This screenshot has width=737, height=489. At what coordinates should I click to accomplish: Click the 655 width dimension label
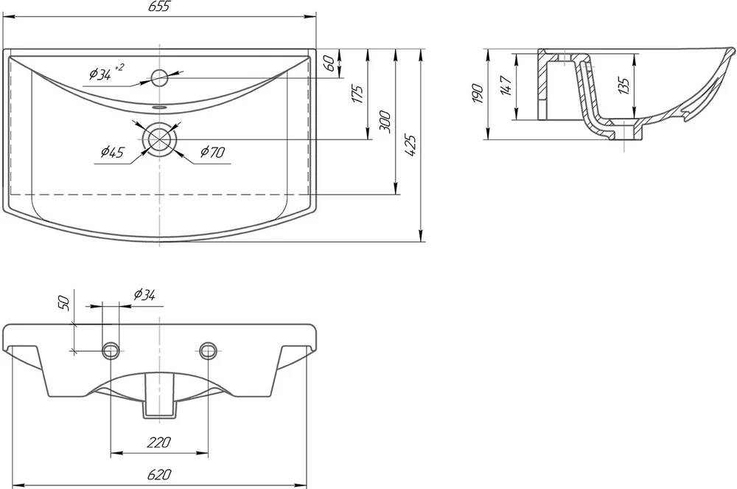click(159, 7)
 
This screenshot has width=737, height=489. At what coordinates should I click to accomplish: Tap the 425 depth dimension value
click(411, 146)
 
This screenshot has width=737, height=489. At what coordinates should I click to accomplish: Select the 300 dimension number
click(385, 122)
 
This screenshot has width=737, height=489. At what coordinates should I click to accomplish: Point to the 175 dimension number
click(357, 94)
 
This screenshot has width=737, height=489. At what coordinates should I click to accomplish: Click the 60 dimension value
click(329, 63)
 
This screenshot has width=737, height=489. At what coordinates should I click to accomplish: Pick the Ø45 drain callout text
click(112, 152)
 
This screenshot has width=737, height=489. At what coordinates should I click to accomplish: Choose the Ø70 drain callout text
click(212, 152)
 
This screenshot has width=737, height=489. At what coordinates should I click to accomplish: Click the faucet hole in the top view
click(160, 77)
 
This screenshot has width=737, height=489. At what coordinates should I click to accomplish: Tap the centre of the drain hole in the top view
click(160, 139)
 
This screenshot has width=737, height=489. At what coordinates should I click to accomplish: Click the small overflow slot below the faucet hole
click(160, 107)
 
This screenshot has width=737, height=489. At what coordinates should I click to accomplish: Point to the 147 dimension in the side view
click(506, 85)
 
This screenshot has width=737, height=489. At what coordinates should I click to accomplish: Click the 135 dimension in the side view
click(624, 85)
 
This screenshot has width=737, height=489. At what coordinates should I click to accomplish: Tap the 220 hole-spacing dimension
click(159, 443)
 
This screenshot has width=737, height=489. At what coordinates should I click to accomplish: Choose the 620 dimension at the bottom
click(159, 475)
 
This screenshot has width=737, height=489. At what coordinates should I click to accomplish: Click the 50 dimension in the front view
click(64, 303)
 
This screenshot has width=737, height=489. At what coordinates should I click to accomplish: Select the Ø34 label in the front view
click(144, 295)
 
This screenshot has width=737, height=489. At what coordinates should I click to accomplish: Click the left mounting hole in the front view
click(111, 350)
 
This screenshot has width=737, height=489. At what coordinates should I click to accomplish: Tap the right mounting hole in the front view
click(208, 350)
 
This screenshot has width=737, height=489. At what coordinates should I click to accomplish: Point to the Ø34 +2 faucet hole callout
click(106, 72)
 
